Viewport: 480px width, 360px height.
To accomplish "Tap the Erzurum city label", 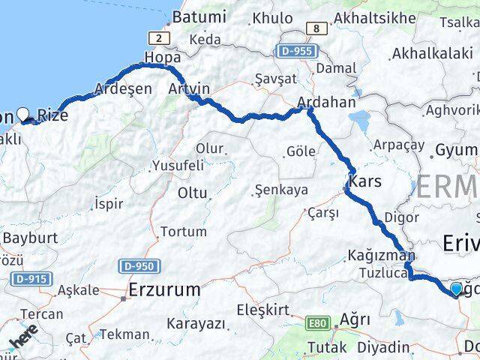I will (x=164, y=289).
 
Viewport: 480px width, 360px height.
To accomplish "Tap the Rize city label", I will (x=53, y=115).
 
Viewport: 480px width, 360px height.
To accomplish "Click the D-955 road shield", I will (x=297, y=51).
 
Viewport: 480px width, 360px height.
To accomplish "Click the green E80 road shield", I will (x=318, y=323).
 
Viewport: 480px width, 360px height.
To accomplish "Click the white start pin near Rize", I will (x=24, y=114).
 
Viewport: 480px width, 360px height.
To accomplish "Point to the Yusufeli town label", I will (x=177, y=165).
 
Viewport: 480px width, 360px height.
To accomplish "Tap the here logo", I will (x=23, y=337).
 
